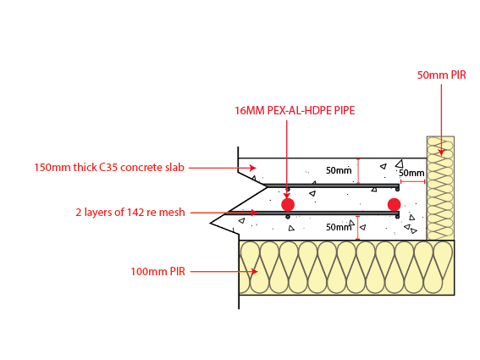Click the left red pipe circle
point(288,204)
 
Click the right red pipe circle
point(394,204)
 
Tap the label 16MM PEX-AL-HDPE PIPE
point(295,111)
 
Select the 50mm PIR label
point(441,75)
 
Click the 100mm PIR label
point(158,271)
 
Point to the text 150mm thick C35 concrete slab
point(109,167)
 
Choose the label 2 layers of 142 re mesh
point(130,212)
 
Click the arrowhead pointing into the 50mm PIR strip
point(441,152)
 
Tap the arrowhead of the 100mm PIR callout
point(254,271)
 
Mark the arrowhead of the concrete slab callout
point(252,168)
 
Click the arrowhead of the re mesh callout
point(254,213)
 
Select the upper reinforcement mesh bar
point(332,186)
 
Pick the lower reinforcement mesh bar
point(312,213)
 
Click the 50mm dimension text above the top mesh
point(339,170)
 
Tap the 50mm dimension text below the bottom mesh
point(339,227)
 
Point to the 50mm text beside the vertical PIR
point(411,173)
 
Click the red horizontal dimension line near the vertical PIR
point(412,181)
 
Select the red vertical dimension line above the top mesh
point(358,171)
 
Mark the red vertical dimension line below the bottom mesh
point(357,228)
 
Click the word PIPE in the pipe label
point(345,111)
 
